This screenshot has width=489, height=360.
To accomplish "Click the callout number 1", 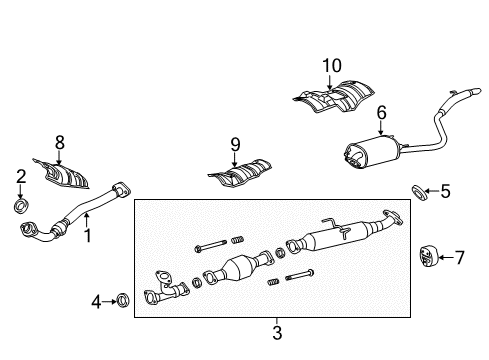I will point(87,237).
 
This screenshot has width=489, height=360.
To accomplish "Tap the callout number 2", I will point(20,177).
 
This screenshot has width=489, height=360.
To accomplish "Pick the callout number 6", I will point(380,113).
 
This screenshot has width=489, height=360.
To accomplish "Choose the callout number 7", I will point(459,258).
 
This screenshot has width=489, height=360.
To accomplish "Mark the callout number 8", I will point(59,142).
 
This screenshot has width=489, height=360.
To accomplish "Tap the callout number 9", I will point(235,144).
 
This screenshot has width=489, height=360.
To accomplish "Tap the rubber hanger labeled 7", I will point(425,257).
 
